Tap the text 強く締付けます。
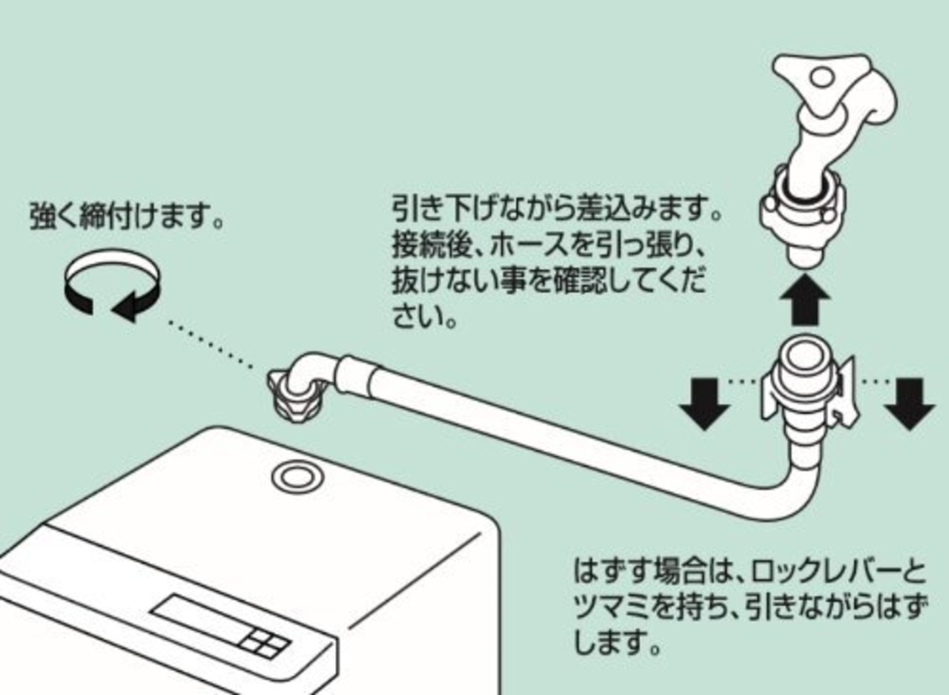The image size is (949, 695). pos(127,217)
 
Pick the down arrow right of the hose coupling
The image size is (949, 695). pos(908,403)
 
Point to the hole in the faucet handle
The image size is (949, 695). pos(821,77)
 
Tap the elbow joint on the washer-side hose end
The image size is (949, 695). pos(311,371)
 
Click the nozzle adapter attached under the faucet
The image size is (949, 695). pos(801,215)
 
